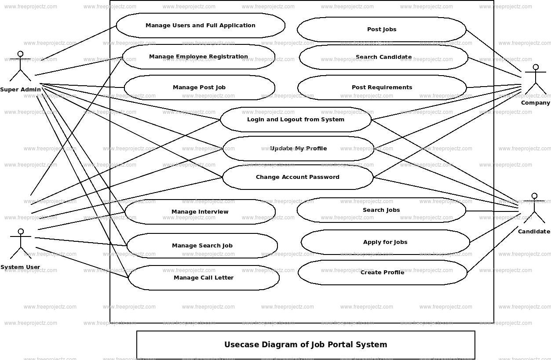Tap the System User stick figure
tap(20, 244)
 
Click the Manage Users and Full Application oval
tap(201, 25)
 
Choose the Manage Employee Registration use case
tap(198, 57)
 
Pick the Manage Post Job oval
tap(199, 87)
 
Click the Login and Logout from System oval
tap(296, 120)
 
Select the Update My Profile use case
tap(298, 149)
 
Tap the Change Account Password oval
tap(298, 177)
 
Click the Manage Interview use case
tap(200, 212)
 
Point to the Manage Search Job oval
tap(202, 246)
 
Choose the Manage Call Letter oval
tap(204, 278)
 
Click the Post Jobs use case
tap(382, 29)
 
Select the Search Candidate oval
tap(383, 57)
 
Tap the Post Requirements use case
tap(382, 87)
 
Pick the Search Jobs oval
tap(381, 210)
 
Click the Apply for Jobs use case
tap(385, 242)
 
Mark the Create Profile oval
tap(382, 273)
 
